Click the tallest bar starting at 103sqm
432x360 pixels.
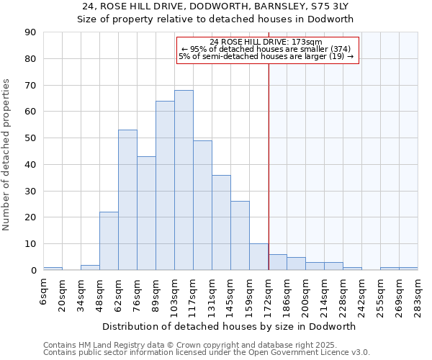pos(184,180)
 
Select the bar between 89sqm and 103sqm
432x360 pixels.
pos(165,186)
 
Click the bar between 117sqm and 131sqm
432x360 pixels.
pos(202,205)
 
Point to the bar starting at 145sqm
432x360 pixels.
pos(240,235)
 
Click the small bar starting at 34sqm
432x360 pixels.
pos(90,267)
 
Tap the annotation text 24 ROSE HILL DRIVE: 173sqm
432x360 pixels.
pos(267,42)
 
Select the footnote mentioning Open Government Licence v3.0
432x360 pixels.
pos(207,353)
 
